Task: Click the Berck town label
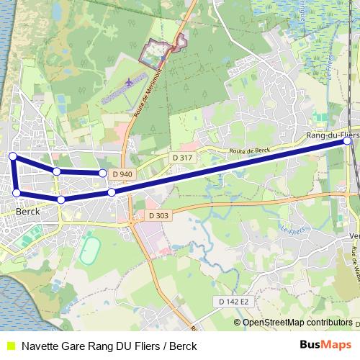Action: (x=27, y=212)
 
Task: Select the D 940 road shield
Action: (x=122, y=174)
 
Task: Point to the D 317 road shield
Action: (x=182, y=158)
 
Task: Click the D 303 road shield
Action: (x=158, y=215)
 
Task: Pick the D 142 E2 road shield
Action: (x=233, y=301)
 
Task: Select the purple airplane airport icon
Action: (x=129, y=82)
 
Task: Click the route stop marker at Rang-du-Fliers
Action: (x=347, y=141)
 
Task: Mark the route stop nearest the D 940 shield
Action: (x=103, y=174)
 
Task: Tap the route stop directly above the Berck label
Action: (x=17, y=193)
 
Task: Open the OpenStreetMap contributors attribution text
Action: (x=297, y=322)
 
